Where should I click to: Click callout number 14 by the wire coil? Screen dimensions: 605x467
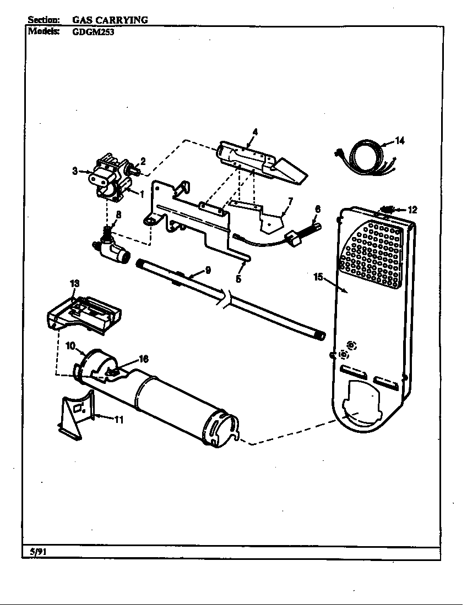pos(400,141)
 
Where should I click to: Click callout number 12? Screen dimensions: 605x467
pos(412,209)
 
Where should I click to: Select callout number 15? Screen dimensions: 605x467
pos(318,277)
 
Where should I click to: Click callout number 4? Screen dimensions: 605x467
pos(255,131)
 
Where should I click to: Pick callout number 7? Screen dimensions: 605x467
pos(290,200)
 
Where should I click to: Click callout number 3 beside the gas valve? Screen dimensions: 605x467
pos(75,171)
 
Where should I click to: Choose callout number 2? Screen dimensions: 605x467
pos(143,161)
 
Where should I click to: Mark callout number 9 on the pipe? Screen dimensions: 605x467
pos(208,269)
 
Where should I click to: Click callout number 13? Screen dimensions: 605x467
pos(74,283)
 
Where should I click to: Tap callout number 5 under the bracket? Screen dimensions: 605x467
pos(238,279)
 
